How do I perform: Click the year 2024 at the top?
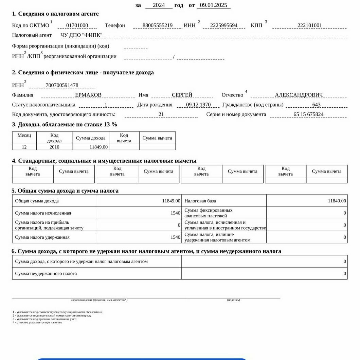[x=159, y=5]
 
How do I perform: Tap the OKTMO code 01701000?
[x=77, y=25]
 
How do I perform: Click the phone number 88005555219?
[x=158, y=25]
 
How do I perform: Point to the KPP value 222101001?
[x=309, y=25]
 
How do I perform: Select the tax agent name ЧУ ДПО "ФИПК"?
[x=82, y=35]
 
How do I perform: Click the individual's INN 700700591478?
[x=62, y=85]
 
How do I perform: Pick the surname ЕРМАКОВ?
[x=88, y=95]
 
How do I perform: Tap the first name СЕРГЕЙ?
[x=182, y=95]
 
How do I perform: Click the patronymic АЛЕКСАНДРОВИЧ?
[x=299, y=95]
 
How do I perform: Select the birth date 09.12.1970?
[x=198, y=105]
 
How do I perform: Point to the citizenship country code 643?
[x=316, y=105]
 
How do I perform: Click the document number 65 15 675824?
[x=308, y=114]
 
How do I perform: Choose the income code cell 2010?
[x=54, y=147]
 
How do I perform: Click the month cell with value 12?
[x=24, y=147]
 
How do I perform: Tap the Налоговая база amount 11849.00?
[x=337, y=201]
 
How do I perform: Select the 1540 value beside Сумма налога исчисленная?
[x=175, y=213]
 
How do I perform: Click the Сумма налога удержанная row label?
[x=42, y=237]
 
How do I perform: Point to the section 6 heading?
[x=146, y=251]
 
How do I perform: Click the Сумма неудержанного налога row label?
[x=46, y=274]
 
